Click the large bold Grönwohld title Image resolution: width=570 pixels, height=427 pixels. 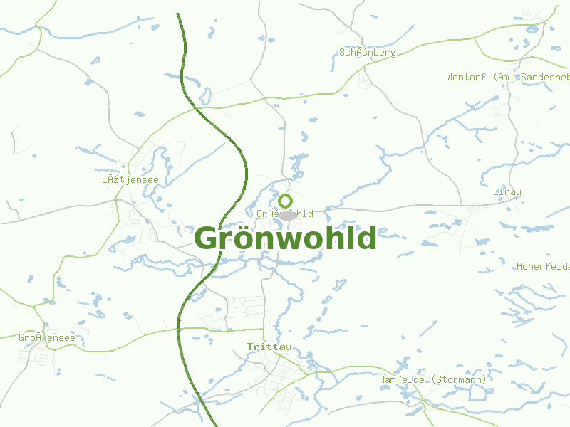(285, 238)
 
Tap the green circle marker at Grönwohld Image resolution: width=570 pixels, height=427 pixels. (286, 201)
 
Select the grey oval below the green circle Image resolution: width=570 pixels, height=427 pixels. (287, 215)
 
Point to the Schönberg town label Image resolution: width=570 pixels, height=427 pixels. (367, 53)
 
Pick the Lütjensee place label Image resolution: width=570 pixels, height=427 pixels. (130, 180)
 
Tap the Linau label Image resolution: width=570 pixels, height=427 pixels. (507, 192)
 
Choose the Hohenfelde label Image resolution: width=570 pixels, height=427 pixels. (543, 267)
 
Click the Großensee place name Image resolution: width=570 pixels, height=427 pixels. (46, 337)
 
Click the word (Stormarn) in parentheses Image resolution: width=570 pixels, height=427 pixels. (460, 380)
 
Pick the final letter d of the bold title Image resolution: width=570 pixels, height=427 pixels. (367, 238)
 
